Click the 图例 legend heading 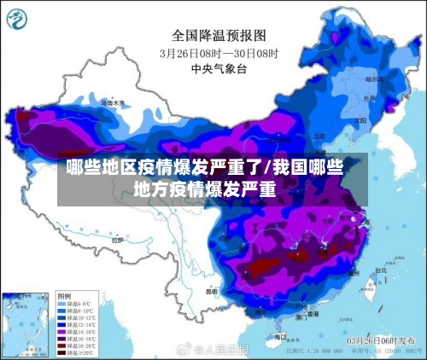(x=65, y=295)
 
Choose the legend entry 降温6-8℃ (x=76, y=304)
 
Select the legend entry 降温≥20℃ (x=76, y=351)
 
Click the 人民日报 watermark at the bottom (x=224, y=350)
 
